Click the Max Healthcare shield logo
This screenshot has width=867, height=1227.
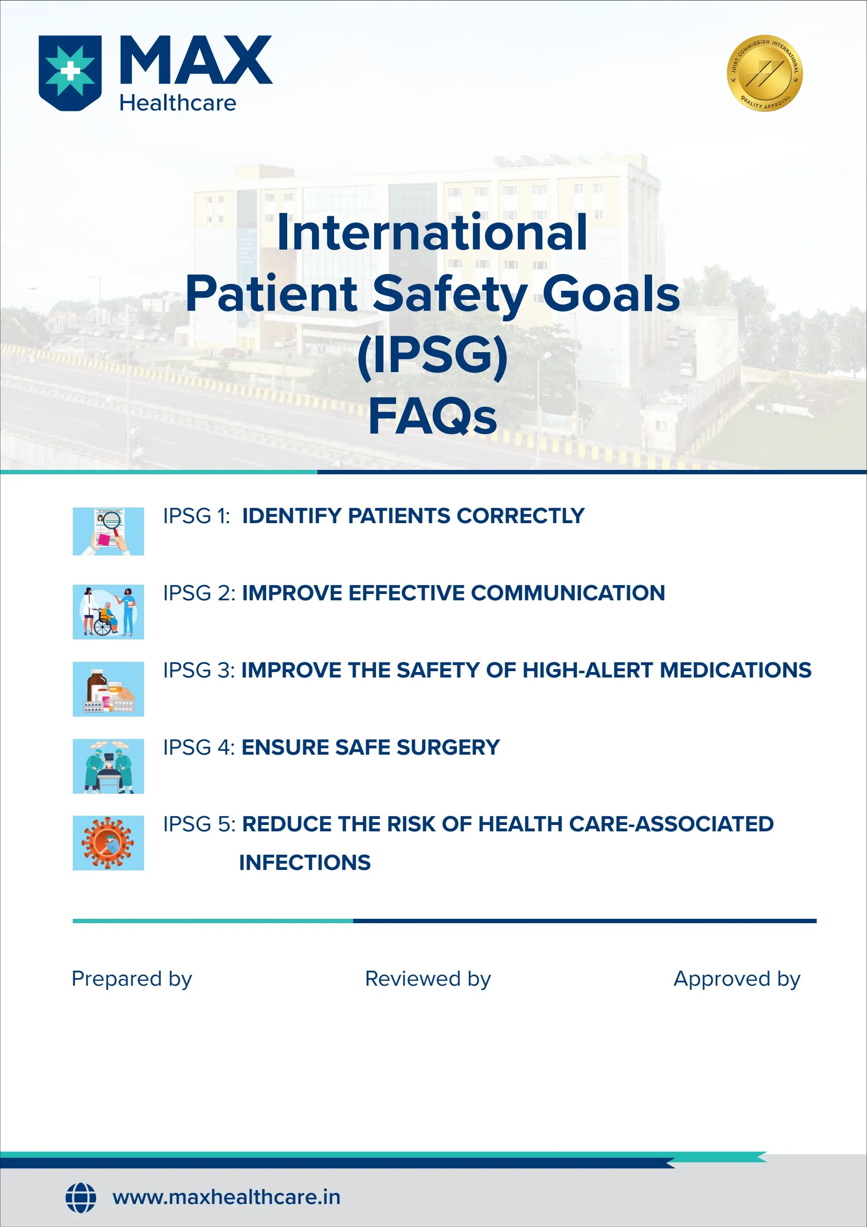(70, 73)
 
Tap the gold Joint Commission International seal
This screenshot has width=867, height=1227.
(764, 73)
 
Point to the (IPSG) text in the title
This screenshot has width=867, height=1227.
(432, 356)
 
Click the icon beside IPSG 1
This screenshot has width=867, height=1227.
(108, 531)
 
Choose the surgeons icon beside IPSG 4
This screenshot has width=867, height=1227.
(108, 766)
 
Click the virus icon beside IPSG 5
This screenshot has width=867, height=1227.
(108, 843)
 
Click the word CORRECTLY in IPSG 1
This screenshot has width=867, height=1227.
(521, 516)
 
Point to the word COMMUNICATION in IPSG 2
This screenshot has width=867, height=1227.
(568, 593)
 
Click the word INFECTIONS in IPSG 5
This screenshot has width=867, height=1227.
(305, 863)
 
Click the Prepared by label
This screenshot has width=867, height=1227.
(131, 979)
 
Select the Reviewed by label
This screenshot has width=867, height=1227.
(427, 979)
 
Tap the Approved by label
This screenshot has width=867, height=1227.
(737, 979)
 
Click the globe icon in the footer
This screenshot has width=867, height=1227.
(81, 1197)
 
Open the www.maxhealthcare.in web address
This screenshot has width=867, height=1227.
(226, 1198)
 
